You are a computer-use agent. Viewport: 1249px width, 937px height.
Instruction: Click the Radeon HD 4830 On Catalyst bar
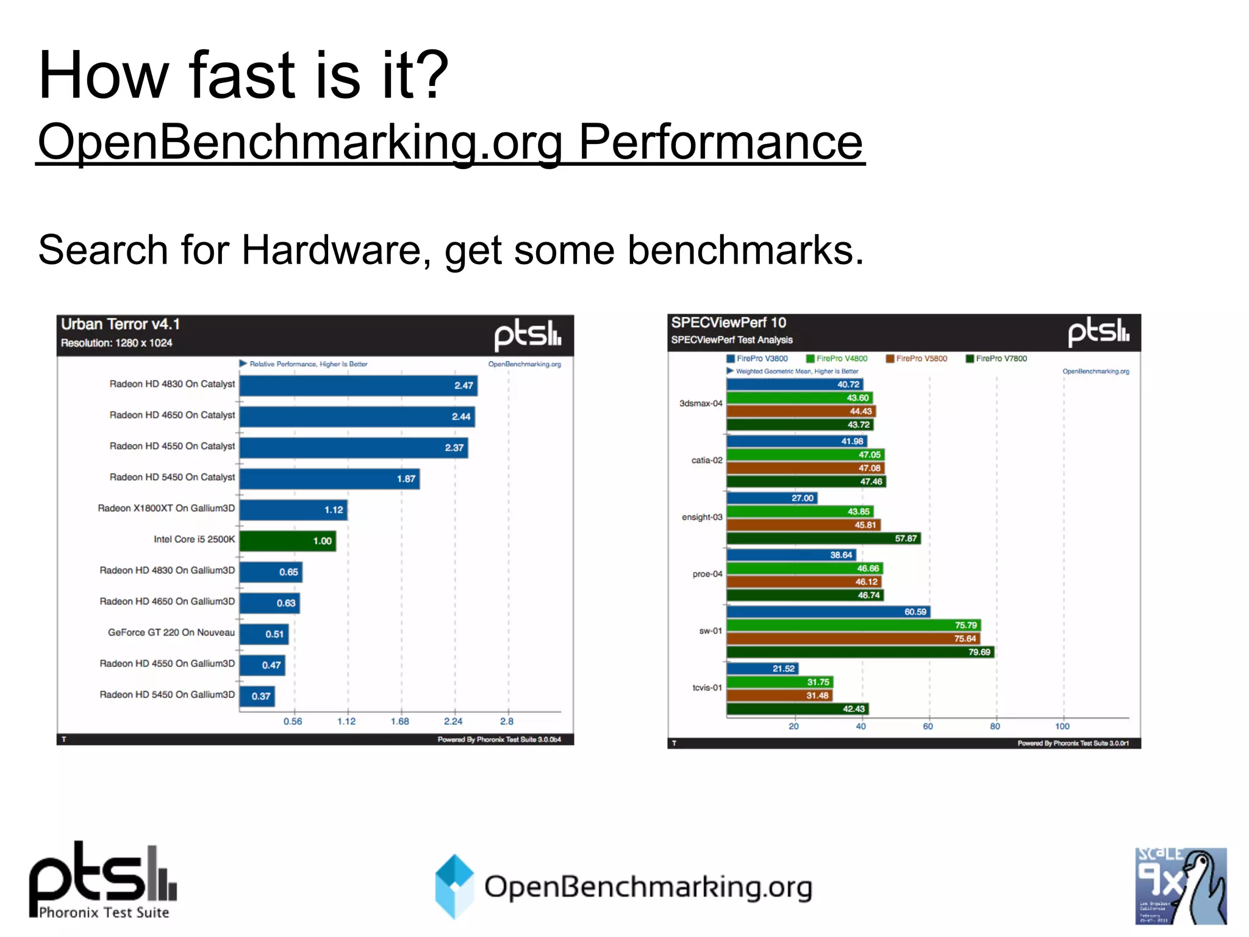358,386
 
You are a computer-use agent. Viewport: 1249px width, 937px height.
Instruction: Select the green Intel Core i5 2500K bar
287,541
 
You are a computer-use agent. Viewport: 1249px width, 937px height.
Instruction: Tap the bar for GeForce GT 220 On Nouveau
263,634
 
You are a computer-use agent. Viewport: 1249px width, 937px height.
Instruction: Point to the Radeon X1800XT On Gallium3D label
166,508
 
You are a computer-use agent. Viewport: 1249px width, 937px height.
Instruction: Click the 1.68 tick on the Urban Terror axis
400,721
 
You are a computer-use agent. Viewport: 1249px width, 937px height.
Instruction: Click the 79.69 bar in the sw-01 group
860,652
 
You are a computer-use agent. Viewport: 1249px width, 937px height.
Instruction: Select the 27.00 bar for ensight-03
771,498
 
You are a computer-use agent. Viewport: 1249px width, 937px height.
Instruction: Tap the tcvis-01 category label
707,687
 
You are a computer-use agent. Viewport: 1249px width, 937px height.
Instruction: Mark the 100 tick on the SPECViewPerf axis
1062,726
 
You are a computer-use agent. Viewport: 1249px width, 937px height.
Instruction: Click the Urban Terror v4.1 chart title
120,324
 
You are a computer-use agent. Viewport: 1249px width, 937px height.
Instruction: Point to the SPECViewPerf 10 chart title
728,322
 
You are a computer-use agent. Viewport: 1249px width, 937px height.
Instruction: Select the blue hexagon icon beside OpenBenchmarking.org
454,886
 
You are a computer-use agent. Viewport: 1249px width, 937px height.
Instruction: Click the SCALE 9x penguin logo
1180,886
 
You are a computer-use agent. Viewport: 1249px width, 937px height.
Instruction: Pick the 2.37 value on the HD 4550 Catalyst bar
454,448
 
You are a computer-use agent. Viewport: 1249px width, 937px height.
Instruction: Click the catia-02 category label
706,460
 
